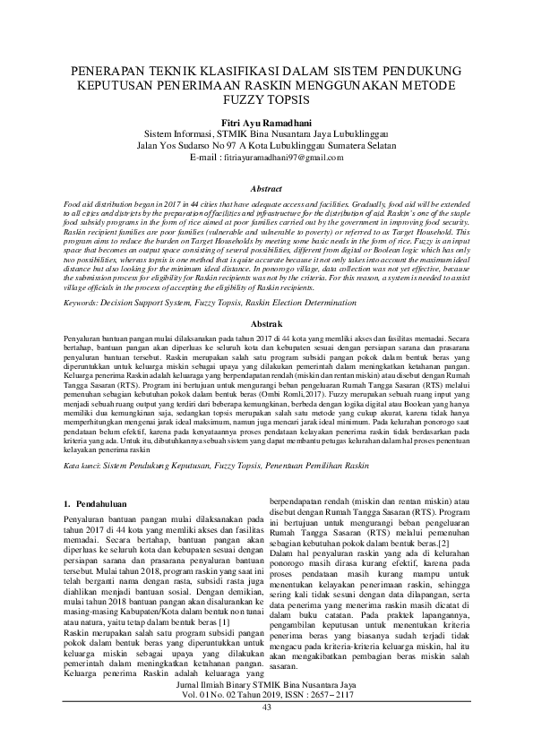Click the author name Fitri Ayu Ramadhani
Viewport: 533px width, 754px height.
coord(266,117)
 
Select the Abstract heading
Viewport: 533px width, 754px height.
coord(266,190)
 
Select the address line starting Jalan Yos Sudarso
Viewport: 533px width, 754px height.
coord(266,143)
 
